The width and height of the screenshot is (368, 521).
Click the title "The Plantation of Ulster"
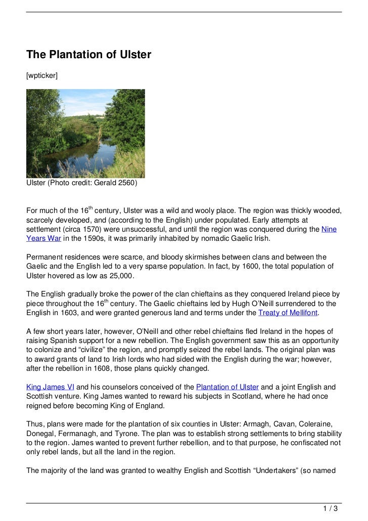[x=88, y=54]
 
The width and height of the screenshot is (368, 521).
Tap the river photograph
[x=85, y=134]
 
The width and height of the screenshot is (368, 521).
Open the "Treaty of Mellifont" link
[x=288, y=313]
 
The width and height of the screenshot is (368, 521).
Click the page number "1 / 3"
[x=331, y=509]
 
